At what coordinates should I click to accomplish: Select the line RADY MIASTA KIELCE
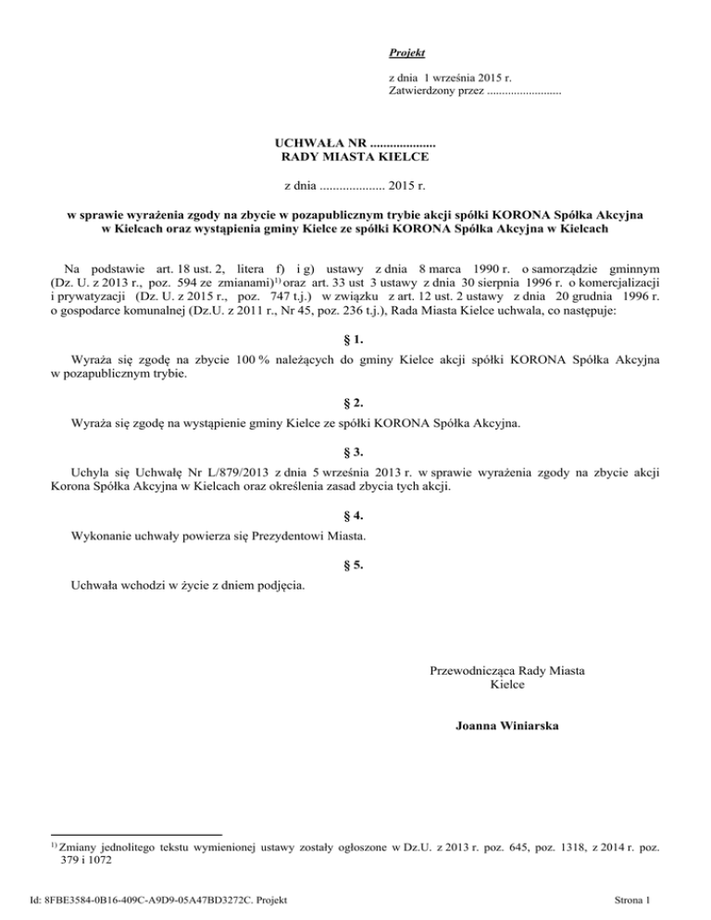coord(355,159)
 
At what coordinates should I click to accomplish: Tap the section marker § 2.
coord(355,404)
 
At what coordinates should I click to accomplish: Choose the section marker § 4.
coord(355,513)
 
